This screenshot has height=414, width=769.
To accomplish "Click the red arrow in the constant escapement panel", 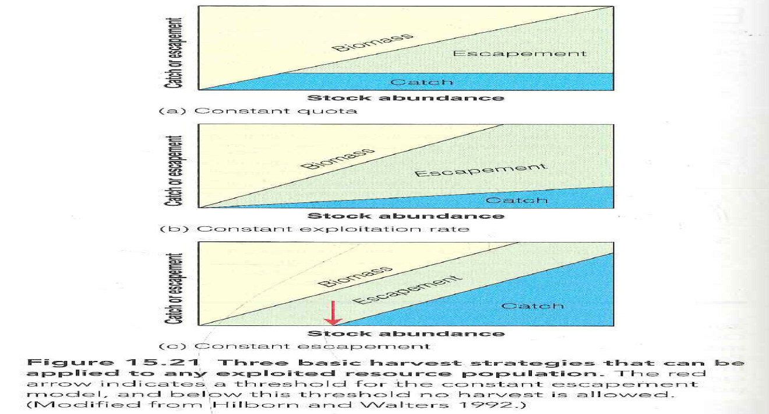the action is click(x=333, y=313).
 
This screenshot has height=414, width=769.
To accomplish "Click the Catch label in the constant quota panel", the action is click(x=421, y=82).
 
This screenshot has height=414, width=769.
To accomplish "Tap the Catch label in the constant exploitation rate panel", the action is click(x=517, y=200).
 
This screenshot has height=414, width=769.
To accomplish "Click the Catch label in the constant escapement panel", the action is click(x=532, y=306).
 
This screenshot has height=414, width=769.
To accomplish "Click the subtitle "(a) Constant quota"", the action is click(x=258, y=111).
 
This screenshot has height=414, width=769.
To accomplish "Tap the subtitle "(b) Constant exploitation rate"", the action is click(x=314, y=229).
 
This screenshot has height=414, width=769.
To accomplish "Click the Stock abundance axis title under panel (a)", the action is click(x=405, y=98).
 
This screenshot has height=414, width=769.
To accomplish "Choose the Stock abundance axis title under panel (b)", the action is click(x=405, y=216).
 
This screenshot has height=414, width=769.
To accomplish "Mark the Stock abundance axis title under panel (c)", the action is click(x=405, y=334).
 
